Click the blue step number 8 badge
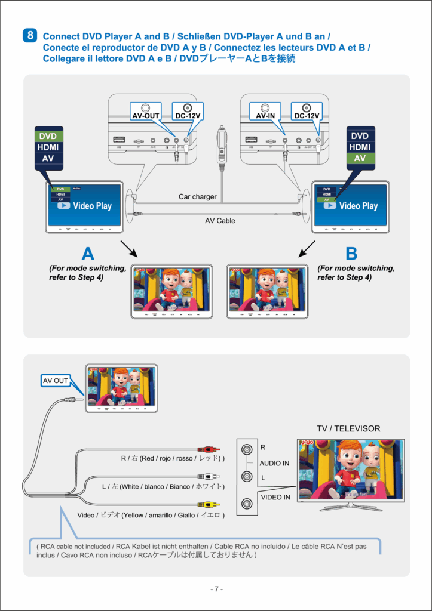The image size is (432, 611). [30, 35]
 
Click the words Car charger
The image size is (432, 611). [198, 196]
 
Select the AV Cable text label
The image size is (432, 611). [220, 221]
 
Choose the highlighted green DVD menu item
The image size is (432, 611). [48, 137]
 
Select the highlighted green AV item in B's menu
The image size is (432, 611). [360, 158]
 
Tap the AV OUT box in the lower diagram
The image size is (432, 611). [55, 381]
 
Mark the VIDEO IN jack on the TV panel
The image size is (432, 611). [246, 504]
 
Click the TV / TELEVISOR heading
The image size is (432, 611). [348, 428]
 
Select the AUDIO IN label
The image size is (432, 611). [275, 463]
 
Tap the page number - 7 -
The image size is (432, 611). [216, 589]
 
